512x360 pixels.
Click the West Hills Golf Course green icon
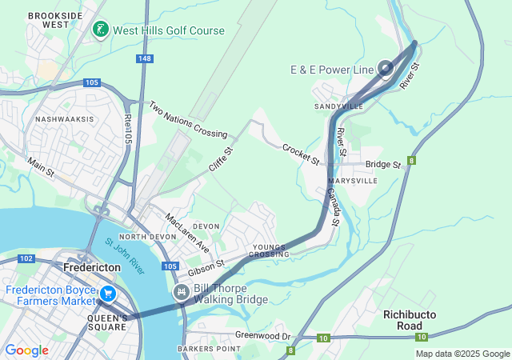tap(100, 30)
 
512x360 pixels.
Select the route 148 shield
tap(144, 58)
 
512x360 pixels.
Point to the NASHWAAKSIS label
tap(64, 119)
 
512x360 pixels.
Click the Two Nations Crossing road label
tap(189, 119)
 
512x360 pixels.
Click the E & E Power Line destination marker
tap(386, 69)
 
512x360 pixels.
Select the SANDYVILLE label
tap(338, 106)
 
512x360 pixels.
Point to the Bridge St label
tap(382, 165)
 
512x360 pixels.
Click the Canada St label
tap(333, 206)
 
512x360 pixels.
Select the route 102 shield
tap(26, 258)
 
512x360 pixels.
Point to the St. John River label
tap(126, 257)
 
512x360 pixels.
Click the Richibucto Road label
tap(413, 320)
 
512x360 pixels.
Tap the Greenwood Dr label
tap(262, 335)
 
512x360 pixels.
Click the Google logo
tap(26, 350)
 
